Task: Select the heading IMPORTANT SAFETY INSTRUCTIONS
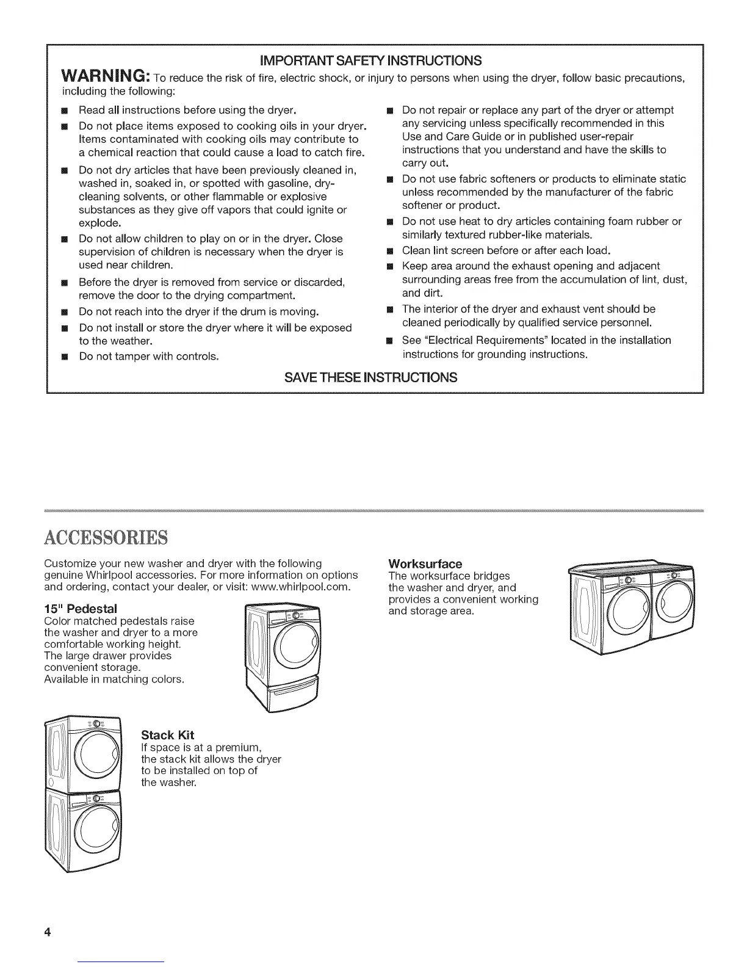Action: [371, 60]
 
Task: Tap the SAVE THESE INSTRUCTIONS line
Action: [371, 377]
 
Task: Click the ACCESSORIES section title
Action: [106, 538]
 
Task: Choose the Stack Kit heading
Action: [167, 734]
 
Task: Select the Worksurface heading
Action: [425, 563]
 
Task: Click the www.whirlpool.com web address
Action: [301, 587]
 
